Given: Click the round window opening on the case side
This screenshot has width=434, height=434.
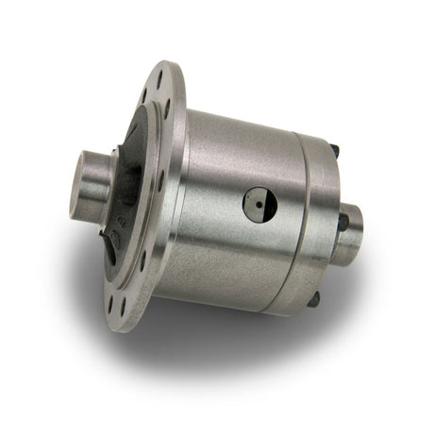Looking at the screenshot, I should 259,203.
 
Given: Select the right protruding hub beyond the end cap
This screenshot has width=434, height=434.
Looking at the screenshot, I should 351,236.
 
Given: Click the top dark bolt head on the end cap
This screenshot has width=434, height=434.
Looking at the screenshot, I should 335,148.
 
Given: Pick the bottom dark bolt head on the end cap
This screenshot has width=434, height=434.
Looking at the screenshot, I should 313,297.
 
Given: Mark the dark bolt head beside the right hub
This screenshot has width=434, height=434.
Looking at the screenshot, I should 342,221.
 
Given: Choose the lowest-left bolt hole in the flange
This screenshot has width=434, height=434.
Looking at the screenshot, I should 121,301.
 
